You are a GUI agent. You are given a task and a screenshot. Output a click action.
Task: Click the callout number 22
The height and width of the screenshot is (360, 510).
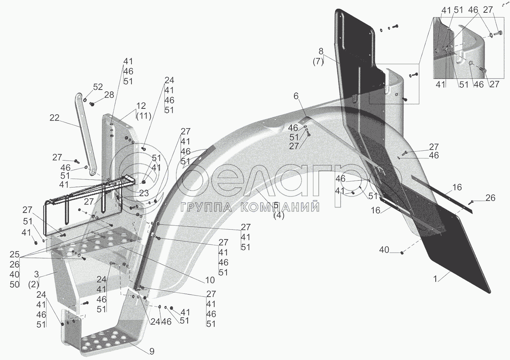tap(54, 118)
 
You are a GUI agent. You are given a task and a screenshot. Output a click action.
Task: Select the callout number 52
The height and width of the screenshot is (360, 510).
tap(98, 87)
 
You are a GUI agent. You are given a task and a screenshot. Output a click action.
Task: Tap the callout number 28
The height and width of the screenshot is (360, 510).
tap(109, 95)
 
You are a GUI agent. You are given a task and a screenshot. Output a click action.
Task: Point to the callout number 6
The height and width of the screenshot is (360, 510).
tap(296, 96)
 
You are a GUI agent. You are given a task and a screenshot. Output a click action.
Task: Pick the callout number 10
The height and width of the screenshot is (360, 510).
tap(210, 280)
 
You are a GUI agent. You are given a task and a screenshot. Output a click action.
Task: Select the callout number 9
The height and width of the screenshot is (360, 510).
tap(152, 351)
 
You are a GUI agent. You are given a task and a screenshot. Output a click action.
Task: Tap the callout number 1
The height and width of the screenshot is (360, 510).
tap(435, 279)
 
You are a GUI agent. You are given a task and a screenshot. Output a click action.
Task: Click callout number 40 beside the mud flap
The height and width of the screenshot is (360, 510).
tap(384, 250)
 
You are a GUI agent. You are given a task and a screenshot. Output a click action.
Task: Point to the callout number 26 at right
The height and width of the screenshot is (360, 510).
tap(490, 198)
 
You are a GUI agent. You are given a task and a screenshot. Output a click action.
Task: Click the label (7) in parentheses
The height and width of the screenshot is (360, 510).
tap(317, 61)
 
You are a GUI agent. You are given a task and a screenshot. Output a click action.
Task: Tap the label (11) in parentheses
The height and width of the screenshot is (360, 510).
tap(141, 116)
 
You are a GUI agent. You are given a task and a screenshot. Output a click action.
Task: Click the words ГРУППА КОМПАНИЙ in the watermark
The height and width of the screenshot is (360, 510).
tap(250, 207)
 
